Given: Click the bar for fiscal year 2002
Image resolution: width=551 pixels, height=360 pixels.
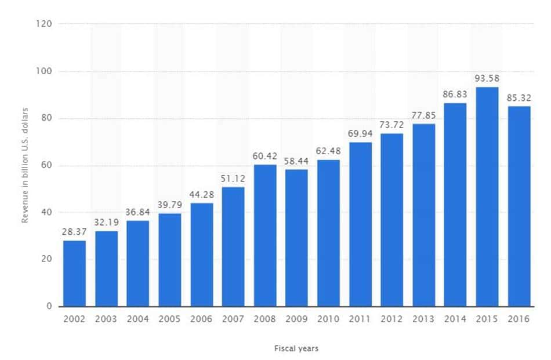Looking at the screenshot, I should tap(74, 274).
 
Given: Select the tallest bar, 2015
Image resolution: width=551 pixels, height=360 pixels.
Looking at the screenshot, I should tap(487, 197).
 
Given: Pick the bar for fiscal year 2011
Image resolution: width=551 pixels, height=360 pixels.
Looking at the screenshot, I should tap(360, 224).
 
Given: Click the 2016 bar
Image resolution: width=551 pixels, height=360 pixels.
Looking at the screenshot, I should tap(519, 206).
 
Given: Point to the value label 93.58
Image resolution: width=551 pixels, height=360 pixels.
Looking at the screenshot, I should tap(487, 78).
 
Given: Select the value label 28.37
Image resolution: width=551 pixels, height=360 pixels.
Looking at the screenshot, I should tap(74, 232).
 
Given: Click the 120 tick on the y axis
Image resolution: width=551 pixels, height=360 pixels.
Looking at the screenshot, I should tap(46, 24).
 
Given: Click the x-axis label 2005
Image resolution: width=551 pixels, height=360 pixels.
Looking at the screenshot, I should tap(169, 319).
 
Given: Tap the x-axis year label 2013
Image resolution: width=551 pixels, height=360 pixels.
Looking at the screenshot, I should tap(423, 319).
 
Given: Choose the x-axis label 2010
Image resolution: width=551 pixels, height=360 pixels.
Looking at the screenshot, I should tap(328, 319).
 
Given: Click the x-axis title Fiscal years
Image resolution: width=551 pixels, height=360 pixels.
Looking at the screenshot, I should tap(296, 348).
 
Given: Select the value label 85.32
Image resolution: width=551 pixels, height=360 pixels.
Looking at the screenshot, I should tap(519, 97).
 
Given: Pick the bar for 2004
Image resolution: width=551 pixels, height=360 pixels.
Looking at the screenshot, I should tap(137, 264).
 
